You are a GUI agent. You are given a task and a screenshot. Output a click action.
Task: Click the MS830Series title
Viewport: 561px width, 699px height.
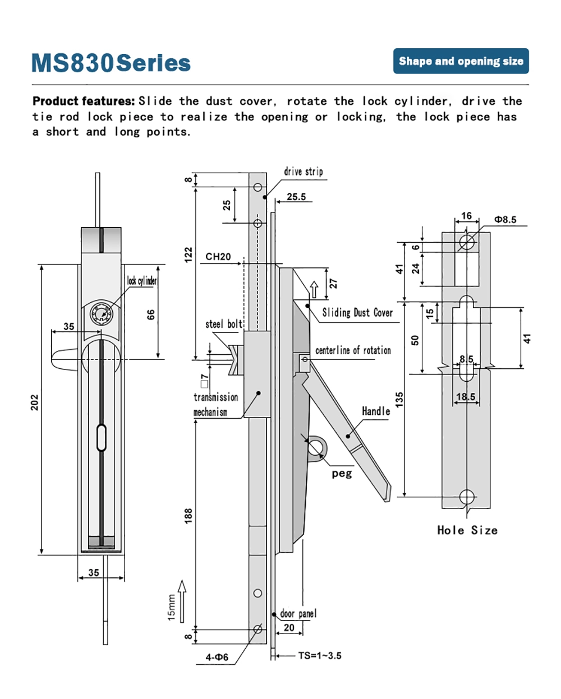(x=111, y=63)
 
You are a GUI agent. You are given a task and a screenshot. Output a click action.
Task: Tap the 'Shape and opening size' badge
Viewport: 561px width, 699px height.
(x=461, y=61)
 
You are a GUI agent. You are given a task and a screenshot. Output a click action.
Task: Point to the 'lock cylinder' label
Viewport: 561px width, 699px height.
(x=141, y=280)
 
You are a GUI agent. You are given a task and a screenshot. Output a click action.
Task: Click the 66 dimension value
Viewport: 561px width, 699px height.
(x=151, y=314)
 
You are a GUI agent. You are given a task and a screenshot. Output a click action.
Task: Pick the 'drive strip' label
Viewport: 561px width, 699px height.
(x=303, y=172)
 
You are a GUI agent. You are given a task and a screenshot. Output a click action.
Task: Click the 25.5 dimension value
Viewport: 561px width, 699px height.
(x=296, y=197)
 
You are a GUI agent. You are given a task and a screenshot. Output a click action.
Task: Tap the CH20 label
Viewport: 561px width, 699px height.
(x=218, y=257)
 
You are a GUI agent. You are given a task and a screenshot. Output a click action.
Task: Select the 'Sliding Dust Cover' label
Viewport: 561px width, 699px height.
(x=357, y=313)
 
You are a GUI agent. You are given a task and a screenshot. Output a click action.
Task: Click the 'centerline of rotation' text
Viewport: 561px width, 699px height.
(x=353, y=350)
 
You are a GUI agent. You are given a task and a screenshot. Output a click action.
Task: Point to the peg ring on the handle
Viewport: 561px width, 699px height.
(x=315, y=447)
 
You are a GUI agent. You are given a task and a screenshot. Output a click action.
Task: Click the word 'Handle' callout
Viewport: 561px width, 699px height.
(x=376, y=411)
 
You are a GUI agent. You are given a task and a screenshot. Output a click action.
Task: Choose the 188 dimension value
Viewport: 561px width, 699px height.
(x=188, y=516)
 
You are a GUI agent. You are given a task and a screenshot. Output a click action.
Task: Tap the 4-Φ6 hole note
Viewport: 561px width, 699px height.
(x=217, y=657)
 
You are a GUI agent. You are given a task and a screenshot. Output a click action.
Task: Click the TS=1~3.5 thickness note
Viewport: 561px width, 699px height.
(x=319, y=655)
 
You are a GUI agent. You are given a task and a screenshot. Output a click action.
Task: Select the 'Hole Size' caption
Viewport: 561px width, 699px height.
(x=467, y=530)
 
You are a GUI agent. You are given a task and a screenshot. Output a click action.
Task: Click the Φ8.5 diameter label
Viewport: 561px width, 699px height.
(x=505, y=220)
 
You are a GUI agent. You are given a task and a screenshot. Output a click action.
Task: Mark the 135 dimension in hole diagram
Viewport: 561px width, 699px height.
(x=399, y=400)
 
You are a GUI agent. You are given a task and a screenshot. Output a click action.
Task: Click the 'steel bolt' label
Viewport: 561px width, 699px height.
(x=223, y=324)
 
